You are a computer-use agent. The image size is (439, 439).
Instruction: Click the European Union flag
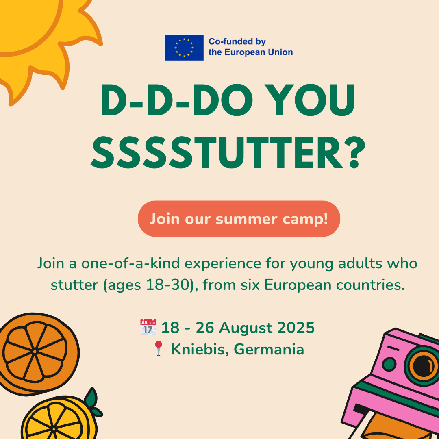tap(184, 48)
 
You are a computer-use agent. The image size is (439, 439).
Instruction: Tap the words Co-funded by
tap(237, 42)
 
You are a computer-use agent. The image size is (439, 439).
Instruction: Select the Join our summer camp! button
tap(239, 219)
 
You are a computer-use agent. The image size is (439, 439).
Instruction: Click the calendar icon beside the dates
tap(148, 327)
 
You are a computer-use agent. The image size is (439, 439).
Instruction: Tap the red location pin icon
tap(159, 348)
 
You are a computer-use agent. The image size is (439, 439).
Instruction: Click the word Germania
tap(269, 350)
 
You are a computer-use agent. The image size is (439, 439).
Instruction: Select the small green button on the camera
tap(389, 364)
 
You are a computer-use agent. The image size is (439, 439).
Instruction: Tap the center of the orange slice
tap(35, 351)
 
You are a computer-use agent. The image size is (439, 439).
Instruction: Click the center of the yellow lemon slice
tap(54, 429)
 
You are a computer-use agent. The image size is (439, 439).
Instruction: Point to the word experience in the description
tap(223, 264)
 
